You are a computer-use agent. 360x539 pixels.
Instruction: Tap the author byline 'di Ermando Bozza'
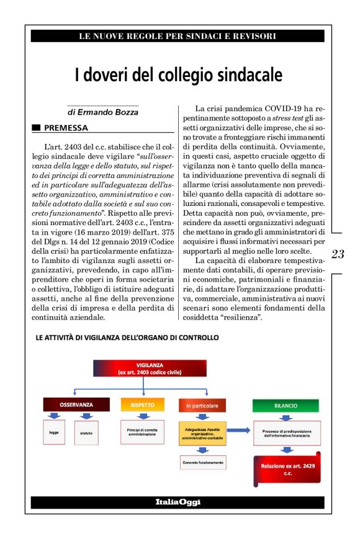pyautogui.click(x=103, y=113)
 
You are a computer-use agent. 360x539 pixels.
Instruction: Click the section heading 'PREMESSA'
pyautogui.click(x=66, y=128)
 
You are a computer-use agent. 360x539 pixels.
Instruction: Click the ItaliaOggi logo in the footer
pyautogui.click(x=178, y=501)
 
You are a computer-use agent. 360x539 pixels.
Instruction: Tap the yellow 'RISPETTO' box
pyautogui.click(x=142, y=405)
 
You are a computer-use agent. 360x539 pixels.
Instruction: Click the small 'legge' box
pyautogui.click(x=54, y=432)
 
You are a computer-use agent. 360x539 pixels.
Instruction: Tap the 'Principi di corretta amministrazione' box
pyautogui.click(x=143, y=431)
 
